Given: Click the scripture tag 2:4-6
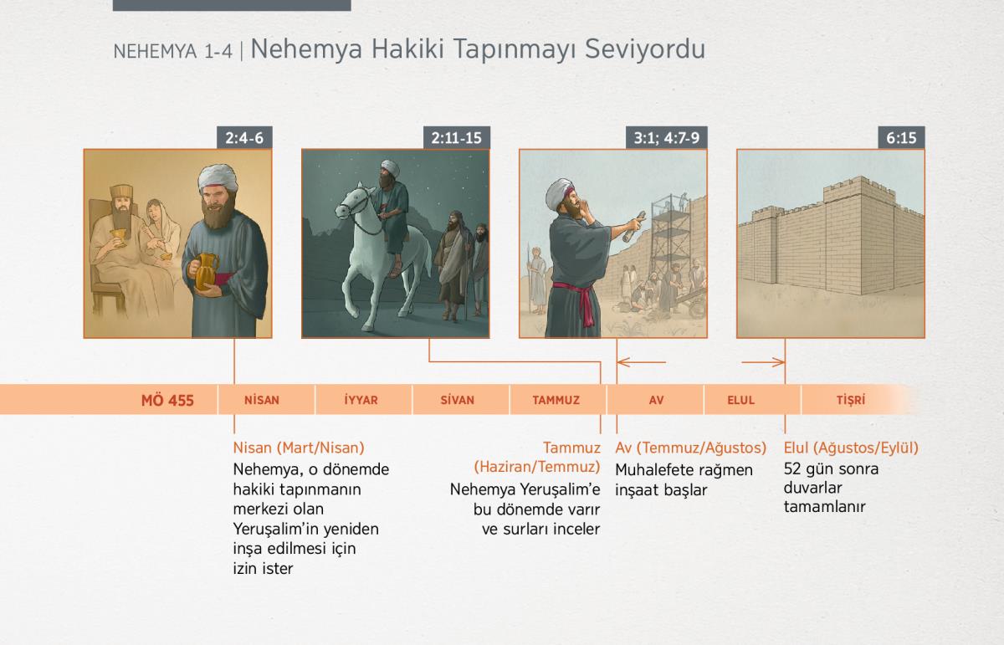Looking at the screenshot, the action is point(244,137).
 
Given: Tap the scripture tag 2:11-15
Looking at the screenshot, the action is point(456,137).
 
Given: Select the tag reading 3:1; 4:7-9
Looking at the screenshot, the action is point(667,137).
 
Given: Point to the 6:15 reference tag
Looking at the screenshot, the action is point(901,137).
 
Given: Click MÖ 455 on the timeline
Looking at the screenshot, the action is point(167,400).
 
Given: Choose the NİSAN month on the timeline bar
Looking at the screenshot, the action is point(262,400).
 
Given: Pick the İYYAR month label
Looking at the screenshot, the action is point(361,400).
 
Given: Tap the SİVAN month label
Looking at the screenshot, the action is point(457,400).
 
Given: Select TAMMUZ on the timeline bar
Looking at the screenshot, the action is point(556,400).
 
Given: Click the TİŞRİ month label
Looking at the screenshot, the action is point(851,400).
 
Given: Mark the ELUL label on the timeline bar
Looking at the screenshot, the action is point(741,400).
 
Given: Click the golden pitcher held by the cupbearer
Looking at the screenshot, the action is point(206,272).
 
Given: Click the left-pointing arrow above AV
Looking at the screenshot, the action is point(642,362).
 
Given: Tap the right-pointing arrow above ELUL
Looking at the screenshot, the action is point(763,362).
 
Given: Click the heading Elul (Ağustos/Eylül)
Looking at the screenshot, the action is point(851,448).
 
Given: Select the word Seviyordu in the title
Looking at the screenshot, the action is point(645,49).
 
